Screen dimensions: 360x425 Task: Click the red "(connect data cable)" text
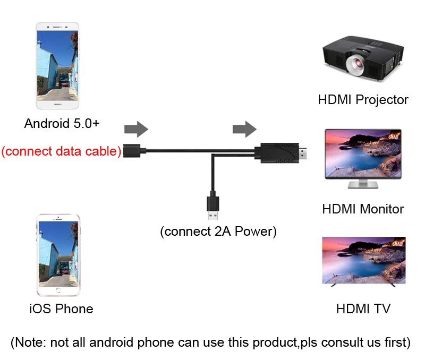point(61,151)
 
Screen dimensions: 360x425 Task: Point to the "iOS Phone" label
point(61,308)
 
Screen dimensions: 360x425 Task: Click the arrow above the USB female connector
point(136,129)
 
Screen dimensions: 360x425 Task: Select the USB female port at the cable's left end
point(133,151)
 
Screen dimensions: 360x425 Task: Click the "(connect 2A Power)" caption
point(218,232)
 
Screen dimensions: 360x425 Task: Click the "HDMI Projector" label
point(363,99)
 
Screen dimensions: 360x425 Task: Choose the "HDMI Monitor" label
point(363,209)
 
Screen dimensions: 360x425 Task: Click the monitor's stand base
point(362,186)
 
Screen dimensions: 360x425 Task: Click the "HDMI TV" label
point(363,308)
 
